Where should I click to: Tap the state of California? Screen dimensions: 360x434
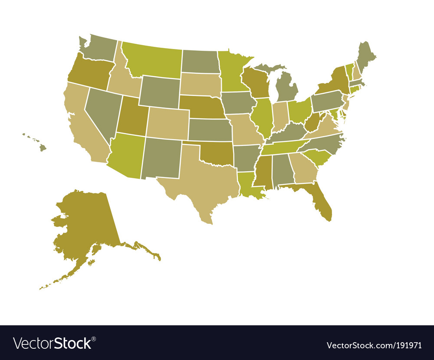[82, 126]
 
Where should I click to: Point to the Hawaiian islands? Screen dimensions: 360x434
[42, 147]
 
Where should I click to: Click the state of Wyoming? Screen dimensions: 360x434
[160, 92]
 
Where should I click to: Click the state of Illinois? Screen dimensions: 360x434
[261, 115]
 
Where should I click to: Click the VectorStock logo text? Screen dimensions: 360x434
[54, 343]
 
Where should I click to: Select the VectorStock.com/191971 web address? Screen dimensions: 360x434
[374, 345]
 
